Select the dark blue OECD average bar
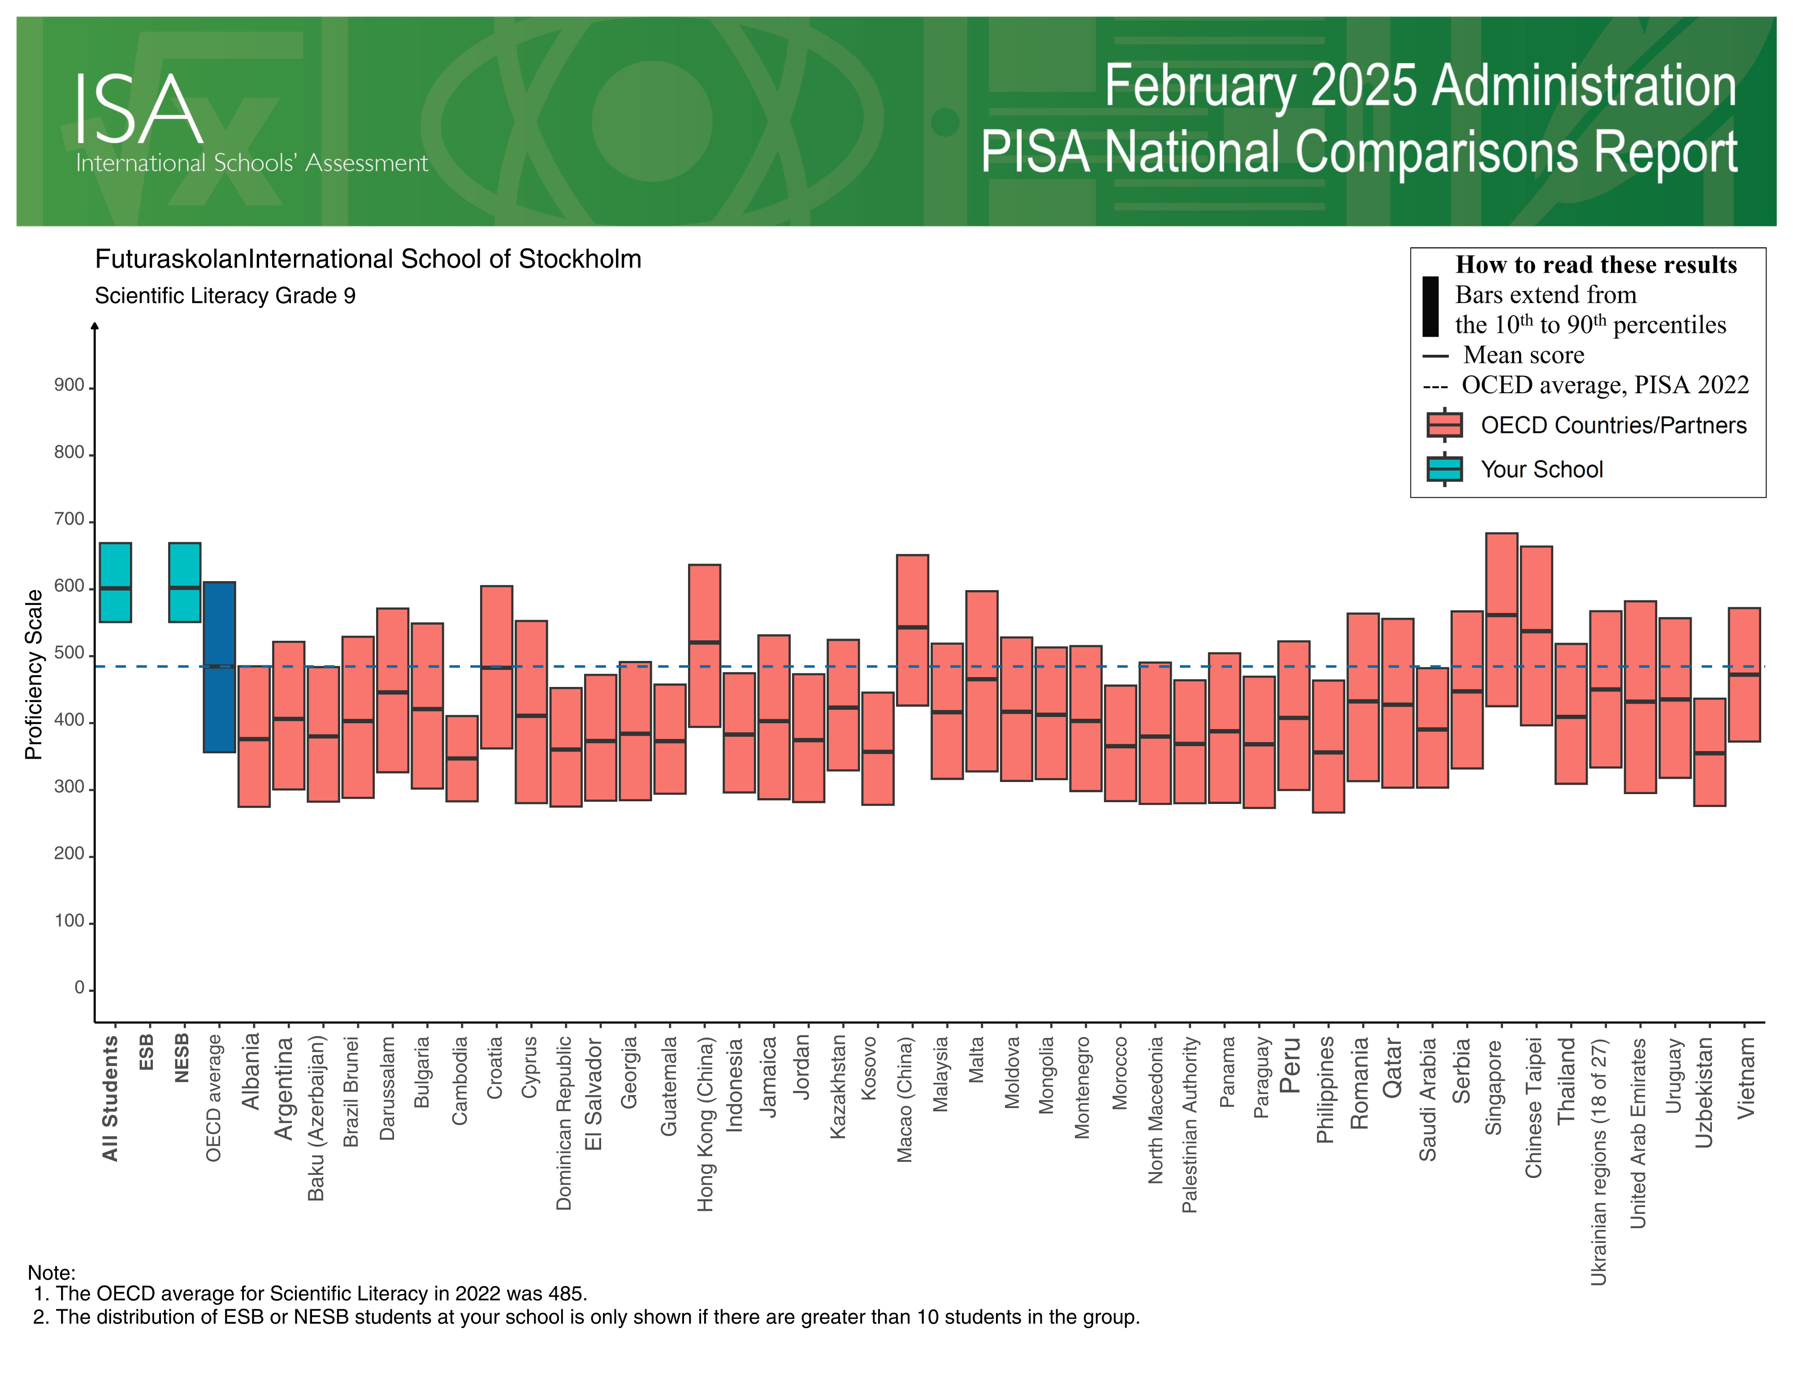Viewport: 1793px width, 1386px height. click(219, 667)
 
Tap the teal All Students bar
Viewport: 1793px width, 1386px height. click(115, 582)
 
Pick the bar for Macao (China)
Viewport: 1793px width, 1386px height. click(912, 630)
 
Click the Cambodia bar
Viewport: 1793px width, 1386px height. click(461, 758)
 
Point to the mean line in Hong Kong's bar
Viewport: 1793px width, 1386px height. click(704, 642)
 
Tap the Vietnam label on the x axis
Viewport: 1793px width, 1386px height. click(1745, 1077)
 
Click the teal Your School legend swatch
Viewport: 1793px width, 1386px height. click(1444, 469)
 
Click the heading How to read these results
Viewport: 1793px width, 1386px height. click(1595, 265)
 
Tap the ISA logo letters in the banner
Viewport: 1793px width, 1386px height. click(139, 109)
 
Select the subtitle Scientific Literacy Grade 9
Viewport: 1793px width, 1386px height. click(225, 295)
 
